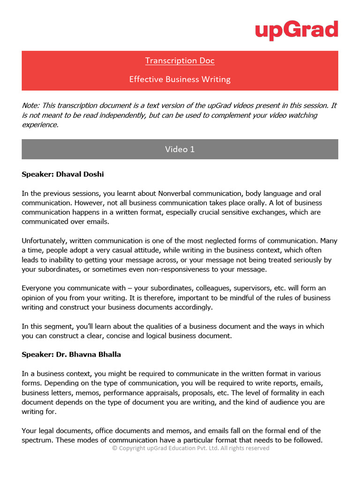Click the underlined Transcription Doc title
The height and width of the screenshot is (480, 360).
click(180, 60)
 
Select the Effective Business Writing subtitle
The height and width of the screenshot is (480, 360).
click(180, 79)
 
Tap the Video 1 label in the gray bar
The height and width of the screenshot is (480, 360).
click(180, 149)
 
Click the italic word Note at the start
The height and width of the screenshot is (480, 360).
click(30, 105)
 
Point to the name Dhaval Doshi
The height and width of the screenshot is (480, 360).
click(80, 174)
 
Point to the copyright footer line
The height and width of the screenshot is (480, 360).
click(191, 448)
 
